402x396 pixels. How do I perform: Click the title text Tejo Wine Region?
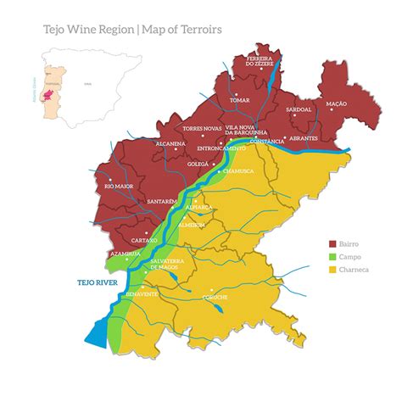(x=88, y=30)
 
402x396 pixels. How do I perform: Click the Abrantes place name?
(x=303, y=137)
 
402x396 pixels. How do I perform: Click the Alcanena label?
(x=170, y=144)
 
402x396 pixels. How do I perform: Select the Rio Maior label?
(x=120, y=185)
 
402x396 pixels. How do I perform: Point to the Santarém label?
(x=161, y=202)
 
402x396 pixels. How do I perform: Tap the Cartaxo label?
(x=136, y=240)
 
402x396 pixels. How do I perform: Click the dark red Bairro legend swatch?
(x=332, y=243)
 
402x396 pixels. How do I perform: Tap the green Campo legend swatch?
(x=332, y=256)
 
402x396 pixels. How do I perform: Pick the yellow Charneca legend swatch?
(x=332, y=270)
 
